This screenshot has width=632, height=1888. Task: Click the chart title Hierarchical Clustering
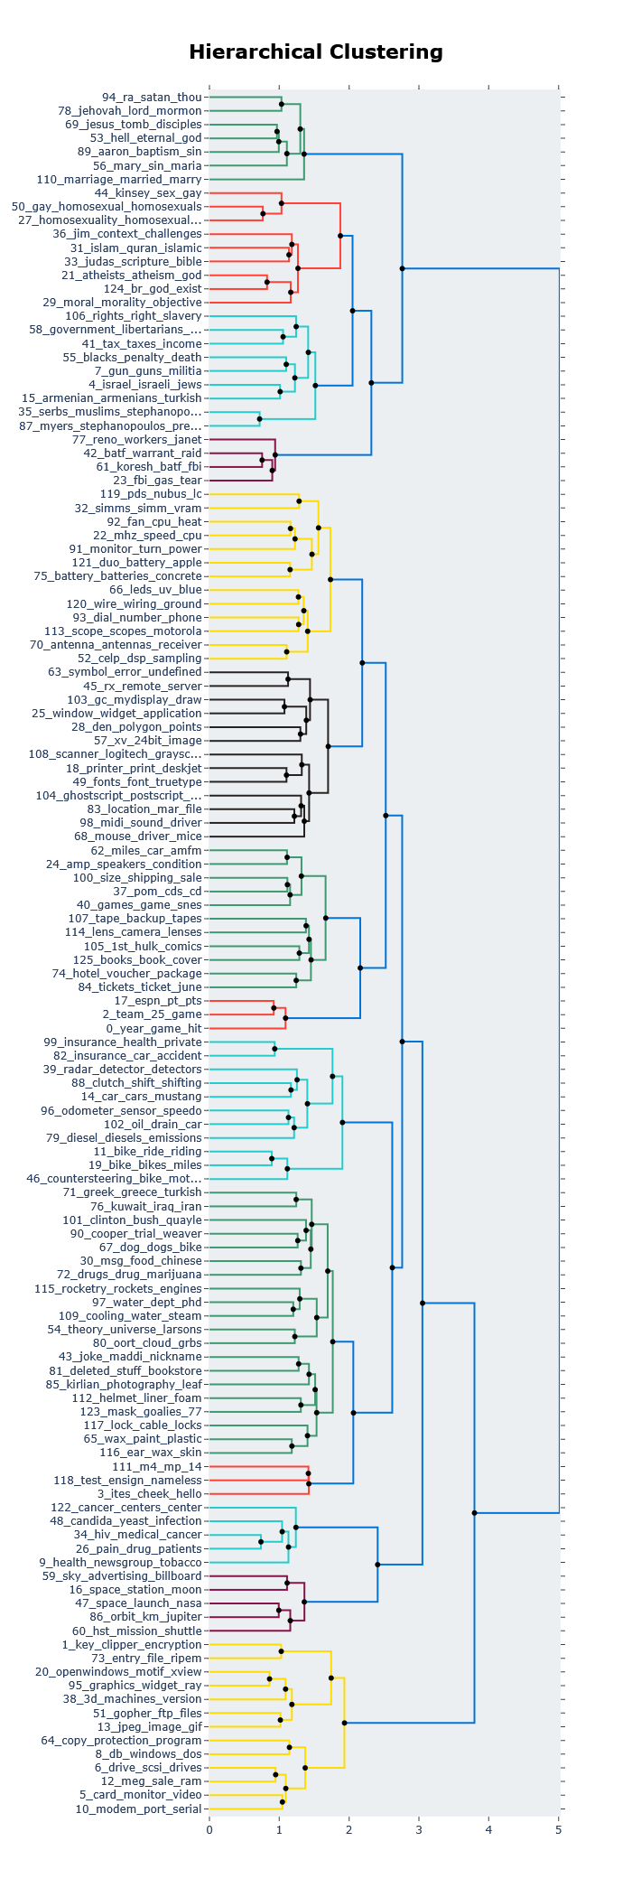(315, 52)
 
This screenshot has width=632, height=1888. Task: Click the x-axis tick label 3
(419, 1830)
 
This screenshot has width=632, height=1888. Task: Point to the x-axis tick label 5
(559, 1830)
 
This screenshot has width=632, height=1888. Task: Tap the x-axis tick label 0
(209, 1830)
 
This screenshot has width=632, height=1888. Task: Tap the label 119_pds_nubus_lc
(151, 494)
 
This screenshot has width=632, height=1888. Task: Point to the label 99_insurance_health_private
(123, 1042)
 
